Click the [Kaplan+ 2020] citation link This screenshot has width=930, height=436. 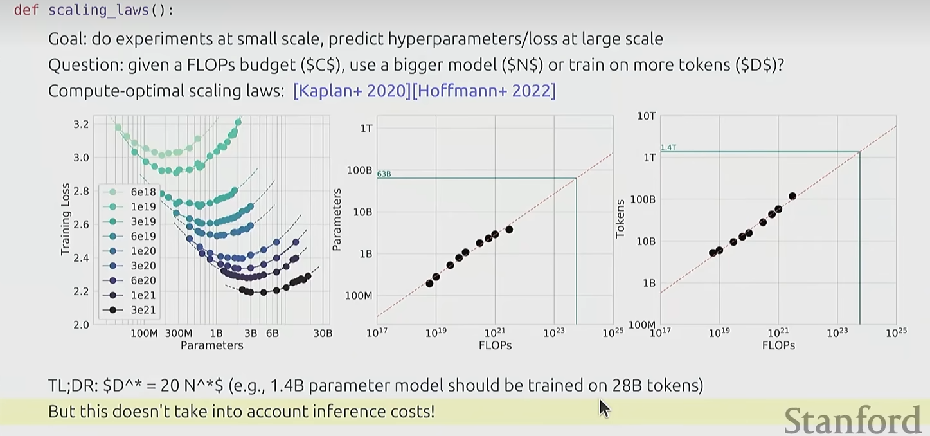click(352, 91)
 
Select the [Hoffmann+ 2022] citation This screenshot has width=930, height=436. click(484, 91)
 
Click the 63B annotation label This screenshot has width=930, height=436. click(384, 174)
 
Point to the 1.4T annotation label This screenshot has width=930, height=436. click(668, 147)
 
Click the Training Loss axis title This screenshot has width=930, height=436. click(65, 219)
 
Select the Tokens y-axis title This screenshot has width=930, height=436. click(620, 219)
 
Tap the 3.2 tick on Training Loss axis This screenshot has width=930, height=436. click(81, 124)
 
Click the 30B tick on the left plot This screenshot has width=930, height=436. click(323, 334)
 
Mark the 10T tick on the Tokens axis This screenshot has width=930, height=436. click(647, 116)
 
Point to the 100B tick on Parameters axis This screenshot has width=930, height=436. click(359, 170)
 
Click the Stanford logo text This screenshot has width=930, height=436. click(852, 420)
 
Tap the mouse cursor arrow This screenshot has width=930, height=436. click(605, 408)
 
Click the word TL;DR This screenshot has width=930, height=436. click(73, 386)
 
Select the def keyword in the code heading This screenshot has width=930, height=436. click(26, 10)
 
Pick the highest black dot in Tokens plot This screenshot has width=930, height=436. click(792, 196)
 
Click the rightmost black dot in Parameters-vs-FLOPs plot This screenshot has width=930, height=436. click(509, 230)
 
